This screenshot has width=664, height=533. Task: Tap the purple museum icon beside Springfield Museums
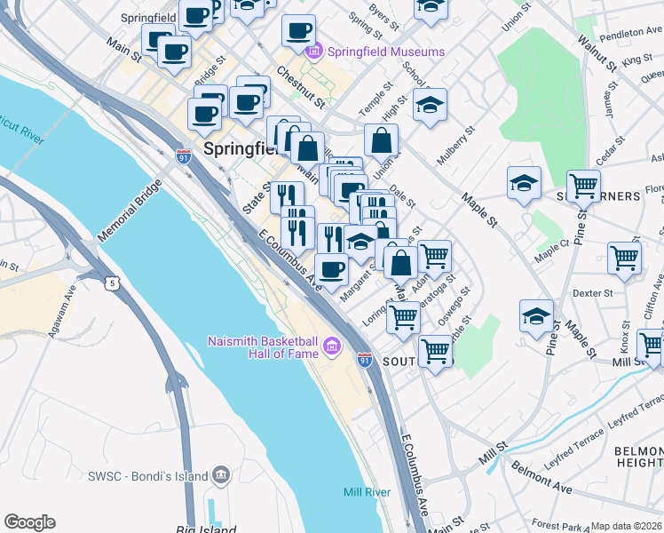point(313,52)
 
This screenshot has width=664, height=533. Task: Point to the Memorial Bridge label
point(130,211)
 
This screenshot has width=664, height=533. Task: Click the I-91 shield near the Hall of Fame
point(364,360)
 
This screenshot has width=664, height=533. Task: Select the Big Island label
point(206,529)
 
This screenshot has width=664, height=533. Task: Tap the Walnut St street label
point(596,53)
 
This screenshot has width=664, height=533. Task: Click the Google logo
point(30,522)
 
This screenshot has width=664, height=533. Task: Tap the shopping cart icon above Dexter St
point(625,259)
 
